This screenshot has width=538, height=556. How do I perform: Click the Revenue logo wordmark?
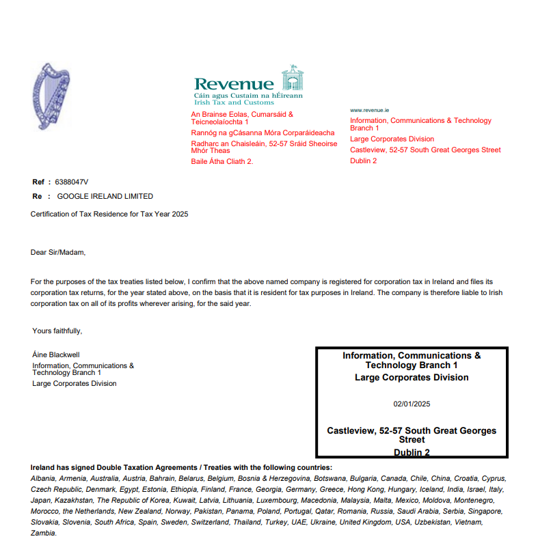[234, 84]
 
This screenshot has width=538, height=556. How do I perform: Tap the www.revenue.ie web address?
[369, 109]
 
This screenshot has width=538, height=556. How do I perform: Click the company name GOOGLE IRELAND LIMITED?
[105, 196]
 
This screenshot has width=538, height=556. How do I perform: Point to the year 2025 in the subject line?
[180, 214]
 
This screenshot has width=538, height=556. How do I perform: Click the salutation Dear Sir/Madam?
[59, 252]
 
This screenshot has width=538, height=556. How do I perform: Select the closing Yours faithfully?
[57, 331]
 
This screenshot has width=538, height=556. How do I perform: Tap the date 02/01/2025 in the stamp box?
[412, 404]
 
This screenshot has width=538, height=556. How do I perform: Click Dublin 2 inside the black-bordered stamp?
[412, 452]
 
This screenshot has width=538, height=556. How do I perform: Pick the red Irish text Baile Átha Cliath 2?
[222, 161]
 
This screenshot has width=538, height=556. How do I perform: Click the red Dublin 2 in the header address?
[363, 161]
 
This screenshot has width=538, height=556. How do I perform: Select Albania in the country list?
[42, 479]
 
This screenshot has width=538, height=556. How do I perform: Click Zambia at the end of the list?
[43, 533]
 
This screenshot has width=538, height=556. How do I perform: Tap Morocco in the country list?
[44, 512]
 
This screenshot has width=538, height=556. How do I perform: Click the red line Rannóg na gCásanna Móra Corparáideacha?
[263, 133]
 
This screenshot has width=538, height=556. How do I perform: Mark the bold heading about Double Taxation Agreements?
[181, 468]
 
